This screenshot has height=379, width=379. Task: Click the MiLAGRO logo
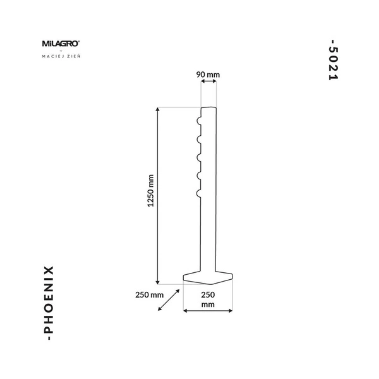[61, 44]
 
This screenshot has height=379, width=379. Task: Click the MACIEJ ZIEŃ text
[61, 56]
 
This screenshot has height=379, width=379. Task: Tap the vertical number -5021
[334, 60]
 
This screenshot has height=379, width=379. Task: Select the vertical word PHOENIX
[49, 303]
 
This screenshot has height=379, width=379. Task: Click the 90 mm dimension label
[208, 75]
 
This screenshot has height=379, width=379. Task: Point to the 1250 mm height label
[150, 191]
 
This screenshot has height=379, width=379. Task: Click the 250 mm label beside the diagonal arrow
[149, 295]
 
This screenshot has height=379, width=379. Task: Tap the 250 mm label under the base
[208, 299]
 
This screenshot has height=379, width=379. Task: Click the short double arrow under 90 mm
[208, 81]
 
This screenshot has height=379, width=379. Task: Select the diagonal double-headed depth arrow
[169, 300]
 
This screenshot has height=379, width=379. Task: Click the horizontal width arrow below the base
[208, 311]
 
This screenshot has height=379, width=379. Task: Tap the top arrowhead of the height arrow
[157, 109]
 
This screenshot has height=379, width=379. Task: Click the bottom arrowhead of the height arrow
[157, 282]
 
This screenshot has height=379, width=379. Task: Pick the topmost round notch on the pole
[199, 121]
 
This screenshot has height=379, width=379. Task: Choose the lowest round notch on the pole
[199, 193]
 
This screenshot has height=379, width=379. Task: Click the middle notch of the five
[199, 157]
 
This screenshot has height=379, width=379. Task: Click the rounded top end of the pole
[208, 109]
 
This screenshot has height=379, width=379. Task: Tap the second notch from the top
[199, 139]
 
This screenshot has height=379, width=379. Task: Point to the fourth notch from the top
[199, 176]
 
